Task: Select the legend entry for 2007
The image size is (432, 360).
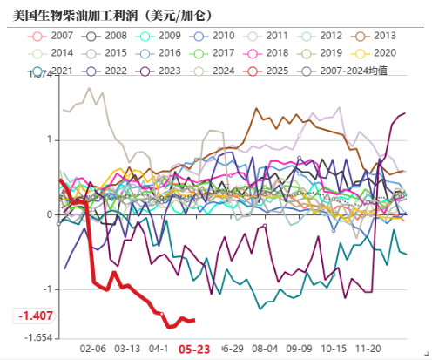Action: (x=53, y=36)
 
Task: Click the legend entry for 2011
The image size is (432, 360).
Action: (x=268, y=36)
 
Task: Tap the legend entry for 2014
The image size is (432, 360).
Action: (x=53, y=53)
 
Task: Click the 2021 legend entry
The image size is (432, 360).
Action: (x=53, y=71)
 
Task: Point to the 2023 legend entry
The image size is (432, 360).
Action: (x=161, y=71)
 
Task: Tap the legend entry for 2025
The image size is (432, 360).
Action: (x=268, y=71)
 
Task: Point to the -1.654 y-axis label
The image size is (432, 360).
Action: (x=34, y=336)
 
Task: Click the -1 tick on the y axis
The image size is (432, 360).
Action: (x=48, y=289)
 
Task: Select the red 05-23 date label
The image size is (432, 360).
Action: (x=193, y=347)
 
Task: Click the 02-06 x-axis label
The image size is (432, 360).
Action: (x=92, y=347)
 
